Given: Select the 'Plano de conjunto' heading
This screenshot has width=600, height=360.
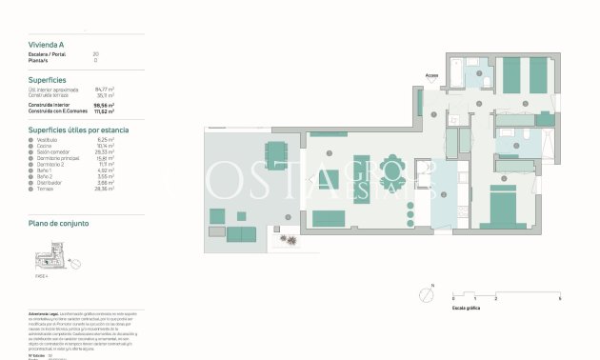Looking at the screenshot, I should point(59,223).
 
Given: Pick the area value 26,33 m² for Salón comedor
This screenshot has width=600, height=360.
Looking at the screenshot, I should point(105,151).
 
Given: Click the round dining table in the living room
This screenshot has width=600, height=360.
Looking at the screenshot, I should point(390,170).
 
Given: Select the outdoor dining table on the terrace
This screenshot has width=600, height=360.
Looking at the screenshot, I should point(275,153).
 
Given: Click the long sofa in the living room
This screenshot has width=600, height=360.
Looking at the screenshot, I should point(330,218).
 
